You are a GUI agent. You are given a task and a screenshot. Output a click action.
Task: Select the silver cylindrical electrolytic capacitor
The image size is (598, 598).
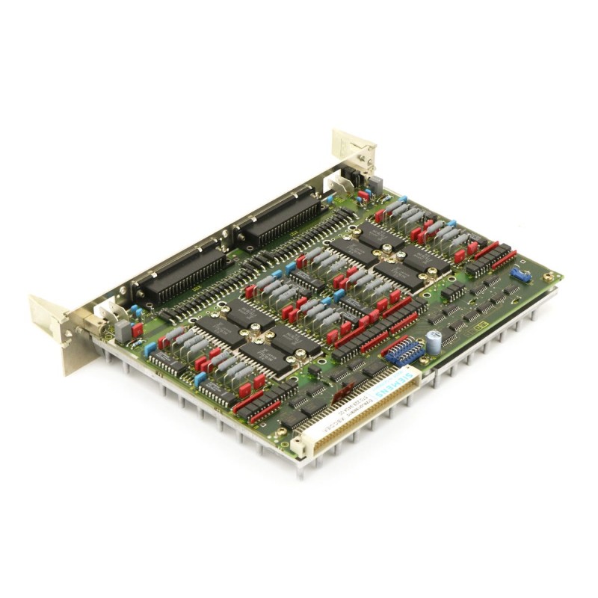pyautogui.click(x=434, y=339)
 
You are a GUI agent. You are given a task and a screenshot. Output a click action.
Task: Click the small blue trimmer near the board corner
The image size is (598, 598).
pyautogui.click(x=521, y=275)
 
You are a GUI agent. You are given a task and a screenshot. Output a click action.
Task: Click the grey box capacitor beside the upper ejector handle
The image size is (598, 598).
pyautogui.click(x=374, y=184)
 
